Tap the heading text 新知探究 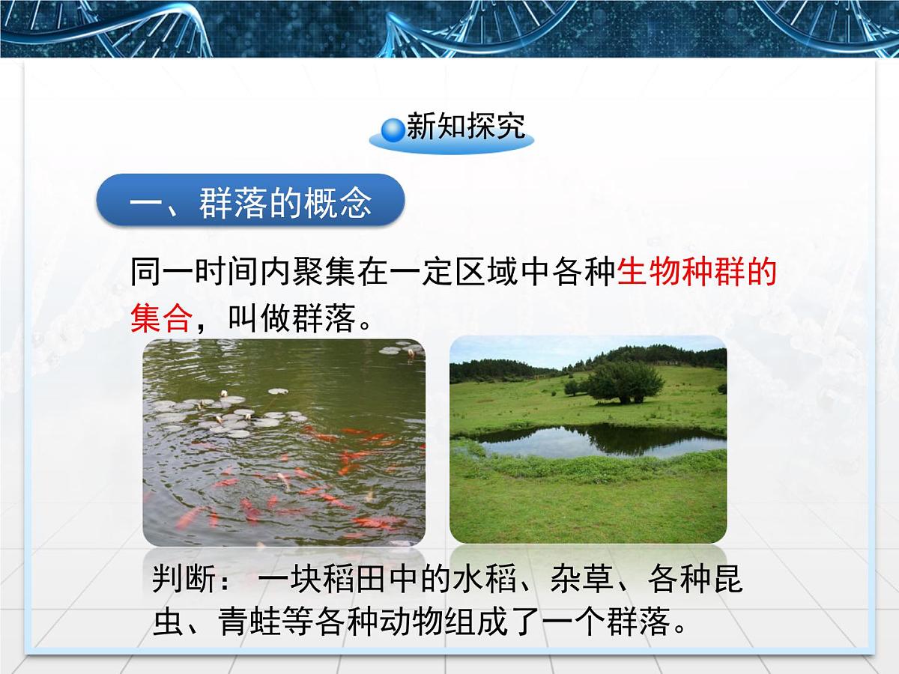(465, 127)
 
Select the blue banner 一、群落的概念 (251, 201)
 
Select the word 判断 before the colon (184, 580)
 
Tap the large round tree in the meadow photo (623, 382)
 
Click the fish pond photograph (284, 442)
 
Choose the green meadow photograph (588, 494)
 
